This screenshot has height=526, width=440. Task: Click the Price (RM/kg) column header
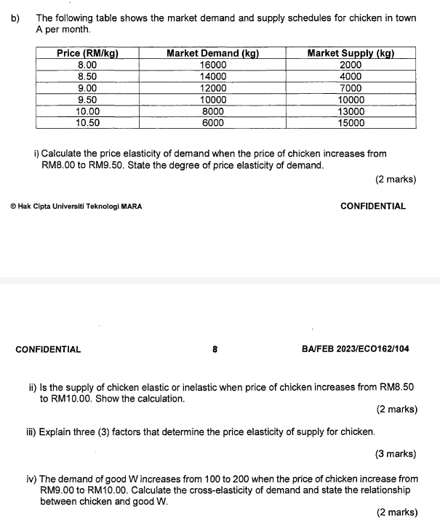88,53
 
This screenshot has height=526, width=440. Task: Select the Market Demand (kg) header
213,53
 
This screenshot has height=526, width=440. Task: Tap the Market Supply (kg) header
351,53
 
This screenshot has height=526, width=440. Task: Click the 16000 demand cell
213,65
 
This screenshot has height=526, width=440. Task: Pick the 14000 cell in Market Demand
213,76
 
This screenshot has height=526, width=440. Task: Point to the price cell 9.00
88,88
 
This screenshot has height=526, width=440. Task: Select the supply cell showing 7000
351,88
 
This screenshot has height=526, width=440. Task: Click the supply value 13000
351,111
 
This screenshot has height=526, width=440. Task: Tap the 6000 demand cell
213,123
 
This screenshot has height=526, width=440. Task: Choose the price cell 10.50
88,123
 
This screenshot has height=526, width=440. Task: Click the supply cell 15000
351,123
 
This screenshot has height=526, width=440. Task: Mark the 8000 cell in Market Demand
213,111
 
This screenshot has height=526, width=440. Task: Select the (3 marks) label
396,454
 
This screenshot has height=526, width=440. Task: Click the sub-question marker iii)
34,432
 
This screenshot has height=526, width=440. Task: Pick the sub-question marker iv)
33,479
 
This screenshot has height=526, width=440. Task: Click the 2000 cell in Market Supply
351,65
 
